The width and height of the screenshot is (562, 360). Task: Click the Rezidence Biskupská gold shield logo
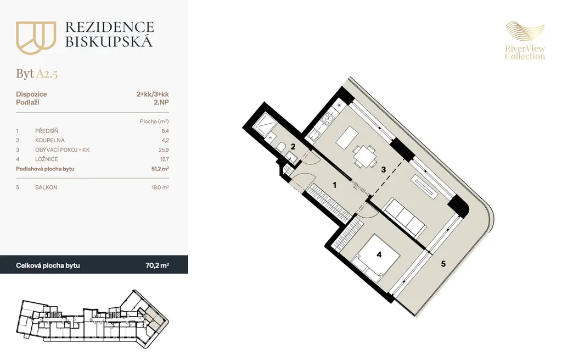(36, 37)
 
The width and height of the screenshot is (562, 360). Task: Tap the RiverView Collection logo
(525, 41)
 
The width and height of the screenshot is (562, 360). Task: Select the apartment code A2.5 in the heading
(47, 74)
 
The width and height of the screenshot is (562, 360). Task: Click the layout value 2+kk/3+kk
(153, 94)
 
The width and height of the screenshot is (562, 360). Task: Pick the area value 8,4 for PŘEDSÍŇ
(165, 131)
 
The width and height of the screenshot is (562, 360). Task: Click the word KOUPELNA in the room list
(50, 140)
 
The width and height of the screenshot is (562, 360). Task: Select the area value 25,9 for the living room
(164, 149)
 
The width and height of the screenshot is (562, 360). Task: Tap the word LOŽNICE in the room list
(47, 159)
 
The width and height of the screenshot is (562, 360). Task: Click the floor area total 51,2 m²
(160, 169)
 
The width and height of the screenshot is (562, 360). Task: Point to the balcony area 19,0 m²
(160, 187)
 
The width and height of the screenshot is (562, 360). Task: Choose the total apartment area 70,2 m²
(158, 265)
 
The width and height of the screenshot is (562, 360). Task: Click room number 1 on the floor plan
(335, 185)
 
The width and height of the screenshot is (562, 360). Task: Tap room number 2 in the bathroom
(293, 147)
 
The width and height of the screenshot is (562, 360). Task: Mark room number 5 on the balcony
(443, 264)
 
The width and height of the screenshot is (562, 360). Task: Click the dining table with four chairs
(364, 157)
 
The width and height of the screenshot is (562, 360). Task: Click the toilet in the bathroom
(281, 146)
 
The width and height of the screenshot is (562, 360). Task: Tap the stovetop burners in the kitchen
(327, 118)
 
